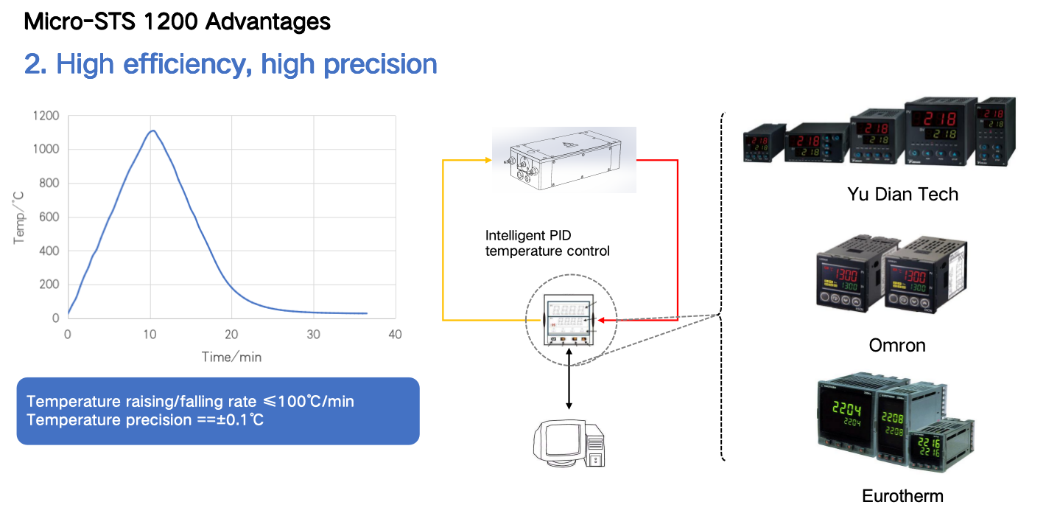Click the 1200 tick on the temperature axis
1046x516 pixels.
46,116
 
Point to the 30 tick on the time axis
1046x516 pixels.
313,334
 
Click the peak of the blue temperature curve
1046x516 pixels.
152,131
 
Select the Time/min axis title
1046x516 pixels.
231,357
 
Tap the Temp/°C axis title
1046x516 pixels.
18,217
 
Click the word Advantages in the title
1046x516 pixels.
267,21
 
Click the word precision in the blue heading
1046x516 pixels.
380,64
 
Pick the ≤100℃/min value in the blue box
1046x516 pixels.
308,401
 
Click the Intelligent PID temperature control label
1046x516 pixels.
547,243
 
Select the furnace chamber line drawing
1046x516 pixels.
564,160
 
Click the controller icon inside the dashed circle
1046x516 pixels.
569,321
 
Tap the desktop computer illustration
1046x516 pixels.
569,443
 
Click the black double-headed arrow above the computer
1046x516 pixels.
569,379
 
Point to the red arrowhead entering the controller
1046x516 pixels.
602,320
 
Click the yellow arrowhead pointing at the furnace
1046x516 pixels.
488,160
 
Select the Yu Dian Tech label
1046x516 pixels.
902,195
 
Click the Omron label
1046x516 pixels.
897,346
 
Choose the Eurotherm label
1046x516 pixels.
902,496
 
